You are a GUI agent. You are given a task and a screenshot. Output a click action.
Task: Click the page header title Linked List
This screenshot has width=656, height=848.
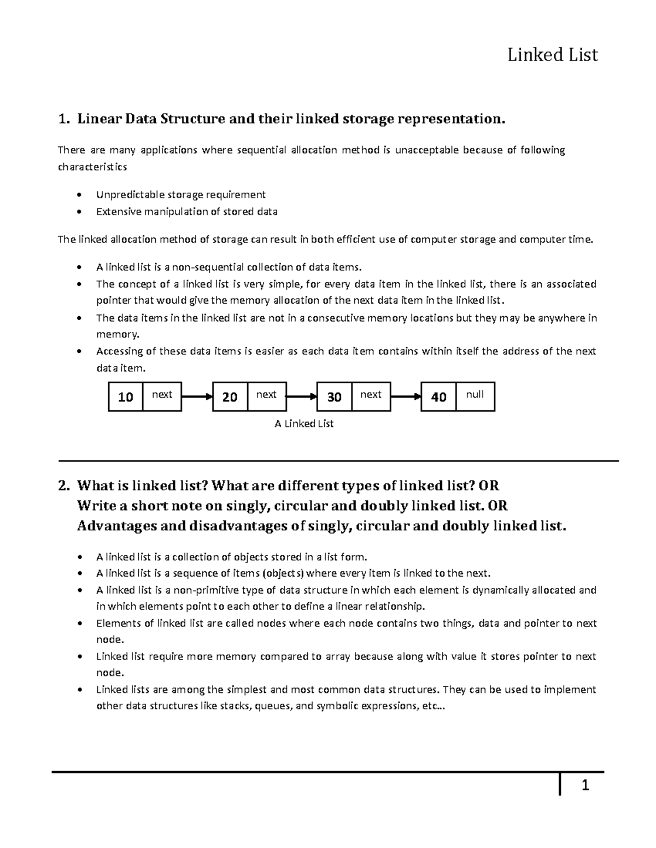[552, 55]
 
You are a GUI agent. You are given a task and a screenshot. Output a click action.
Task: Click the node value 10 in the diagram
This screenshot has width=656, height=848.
[126, 397]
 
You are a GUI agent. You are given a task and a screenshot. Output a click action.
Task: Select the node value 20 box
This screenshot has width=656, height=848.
[230, 397]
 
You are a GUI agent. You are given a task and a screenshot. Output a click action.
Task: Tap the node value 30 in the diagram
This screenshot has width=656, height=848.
[334, 397]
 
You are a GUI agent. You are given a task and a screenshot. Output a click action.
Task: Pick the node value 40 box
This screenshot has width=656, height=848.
[438, 397]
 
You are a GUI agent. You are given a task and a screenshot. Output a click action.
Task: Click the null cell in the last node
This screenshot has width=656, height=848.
[475, 395]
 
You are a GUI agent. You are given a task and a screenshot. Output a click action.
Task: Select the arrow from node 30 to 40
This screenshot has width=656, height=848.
[406, 396]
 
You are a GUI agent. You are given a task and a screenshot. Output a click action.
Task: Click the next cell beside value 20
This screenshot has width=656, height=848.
[266, 395]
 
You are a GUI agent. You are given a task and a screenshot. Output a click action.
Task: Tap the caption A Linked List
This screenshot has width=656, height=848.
[304, 424]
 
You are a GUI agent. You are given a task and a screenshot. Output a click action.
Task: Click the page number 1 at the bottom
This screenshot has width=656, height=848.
[585, 786]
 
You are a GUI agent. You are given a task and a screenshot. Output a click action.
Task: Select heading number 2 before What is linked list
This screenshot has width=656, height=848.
[64, 485]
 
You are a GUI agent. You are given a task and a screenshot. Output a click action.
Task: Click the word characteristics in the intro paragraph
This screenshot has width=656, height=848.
[92, 167]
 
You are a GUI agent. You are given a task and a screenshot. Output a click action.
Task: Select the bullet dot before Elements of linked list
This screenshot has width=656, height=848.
[80, 624]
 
